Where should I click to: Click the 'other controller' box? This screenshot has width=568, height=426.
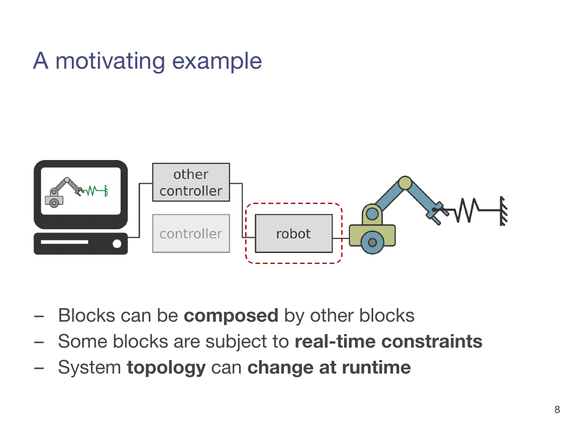click(x=191, y=182)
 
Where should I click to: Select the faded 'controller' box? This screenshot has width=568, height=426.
click(x=191, y=234)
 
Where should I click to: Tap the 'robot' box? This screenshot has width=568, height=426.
click(x=294, y=234)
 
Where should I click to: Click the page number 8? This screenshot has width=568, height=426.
click(x=557, y=410)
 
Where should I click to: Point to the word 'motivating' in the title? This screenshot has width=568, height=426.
click(x=110, y=61)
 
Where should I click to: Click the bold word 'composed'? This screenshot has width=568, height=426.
click(x=231, y=316)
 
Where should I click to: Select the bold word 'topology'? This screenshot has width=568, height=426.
click(x=166, y=368)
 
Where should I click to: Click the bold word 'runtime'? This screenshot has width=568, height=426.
click(x=376, y=368)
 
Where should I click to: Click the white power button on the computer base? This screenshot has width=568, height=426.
click(x=117, y=244)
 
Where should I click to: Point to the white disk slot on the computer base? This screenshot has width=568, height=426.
click(x=64, y=242)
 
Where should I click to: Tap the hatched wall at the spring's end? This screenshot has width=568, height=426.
click(x=504, y=211)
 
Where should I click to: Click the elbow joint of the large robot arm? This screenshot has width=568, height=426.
click(x=405, y=183)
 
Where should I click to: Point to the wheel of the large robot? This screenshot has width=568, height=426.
click(x=372, y=243)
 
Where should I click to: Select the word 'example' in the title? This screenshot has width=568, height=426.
click(x=216, y=62)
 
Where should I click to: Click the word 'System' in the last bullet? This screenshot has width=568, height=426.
click(x=89, y=368)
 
